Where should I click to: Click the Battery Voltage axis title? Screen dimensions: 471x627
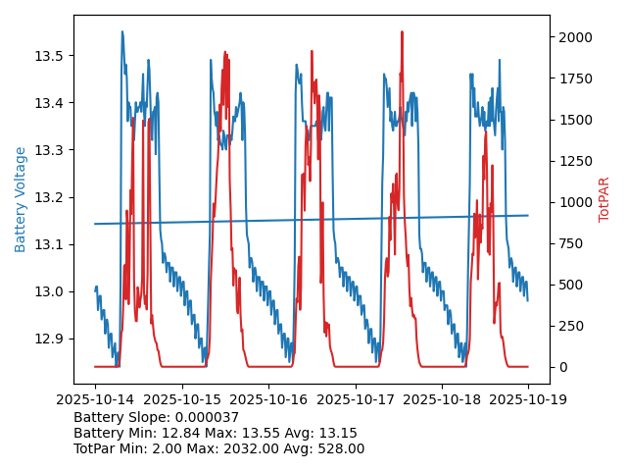click(x=21, y=199)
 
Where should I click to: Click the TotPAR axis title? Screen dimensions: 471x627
click(x=603, y=199)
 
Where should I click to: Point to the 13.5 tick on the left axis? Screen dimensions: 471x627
click(x=49, y=56)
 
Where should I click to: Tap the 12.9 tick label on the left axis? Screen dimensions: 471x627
click(x=49, y=339)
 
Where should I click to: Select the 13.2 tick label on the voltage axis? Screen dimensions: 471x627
click(x=49, y=197)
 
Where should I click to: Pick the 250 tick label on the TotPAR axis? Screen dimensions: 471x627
click(x=569, y=326)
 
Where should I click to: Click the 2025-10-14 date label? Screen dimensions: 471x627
click(x=95, y=399)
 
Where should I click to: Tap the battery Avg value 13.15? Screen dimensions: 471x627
click(x=338, y=433)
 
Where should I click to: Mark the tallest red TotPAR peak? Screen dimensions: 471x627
click(x=402, y=32)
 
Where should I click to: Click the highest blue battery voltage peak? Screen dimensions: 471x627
click(x=122, y=32)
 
